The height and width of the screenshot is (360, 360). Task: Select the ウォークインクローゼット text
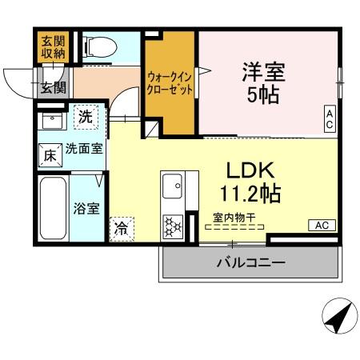pyautogui.click(x=170, y=83)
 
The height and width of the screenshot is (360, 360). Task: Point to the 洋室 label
pyautogui.click(x=264, y=70)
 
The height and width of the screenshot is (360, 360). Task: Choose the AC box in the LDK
pyautogui.click(x=322, y=225)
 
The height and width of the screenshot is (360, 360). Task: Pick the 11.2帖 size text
pyautogui.click(x=249, y=194)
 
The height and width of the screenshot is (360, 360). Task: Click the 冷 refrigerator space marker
pyautogui.click(x=122, y=227)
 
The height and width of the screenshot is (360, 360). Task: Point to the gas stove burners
pyautogui.click(x=173, y=225)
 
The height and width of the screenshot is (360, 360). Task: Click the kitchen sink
pyautogui.click(x=173, y=189)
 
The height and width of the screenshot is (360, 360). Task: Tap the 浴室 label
pyautogui.click(x=86, y=209)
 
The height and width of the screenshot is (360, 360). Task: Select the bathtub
pyautogui.click(x=54, y=207)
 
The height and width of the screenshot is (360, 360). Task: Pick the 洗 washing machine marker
pyautogui.click(x=86, y=117)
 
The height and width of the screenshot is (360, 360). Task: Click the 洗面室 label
pyautogui.click(x=83, y=149)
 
